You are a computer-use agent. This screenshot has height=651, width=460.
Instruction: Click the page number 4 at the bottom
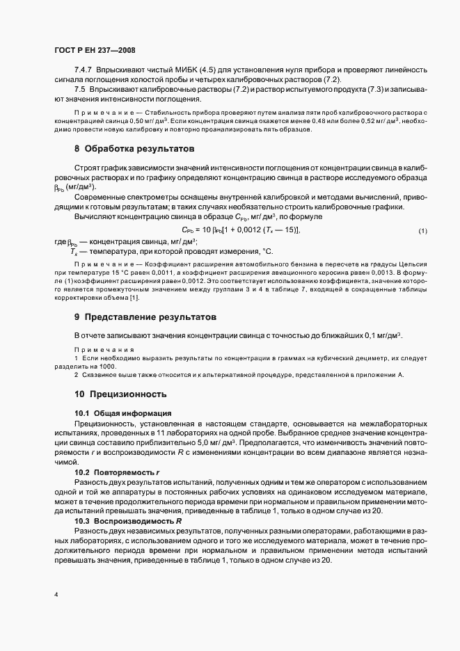[x=56, y=595]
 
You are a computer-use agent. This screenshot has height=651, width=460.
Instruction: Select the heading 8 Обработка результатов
[x=134, y=149]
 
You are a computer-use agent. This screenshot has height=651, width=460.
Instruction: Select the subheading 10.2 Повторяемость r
[x=117, y=472]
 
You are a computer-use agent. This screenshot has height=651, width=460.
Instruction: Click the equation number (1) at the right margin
[x=422, y=230]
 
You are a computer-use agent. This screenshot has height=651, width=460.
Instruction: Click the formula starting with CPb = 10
[x=240, y=230]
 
